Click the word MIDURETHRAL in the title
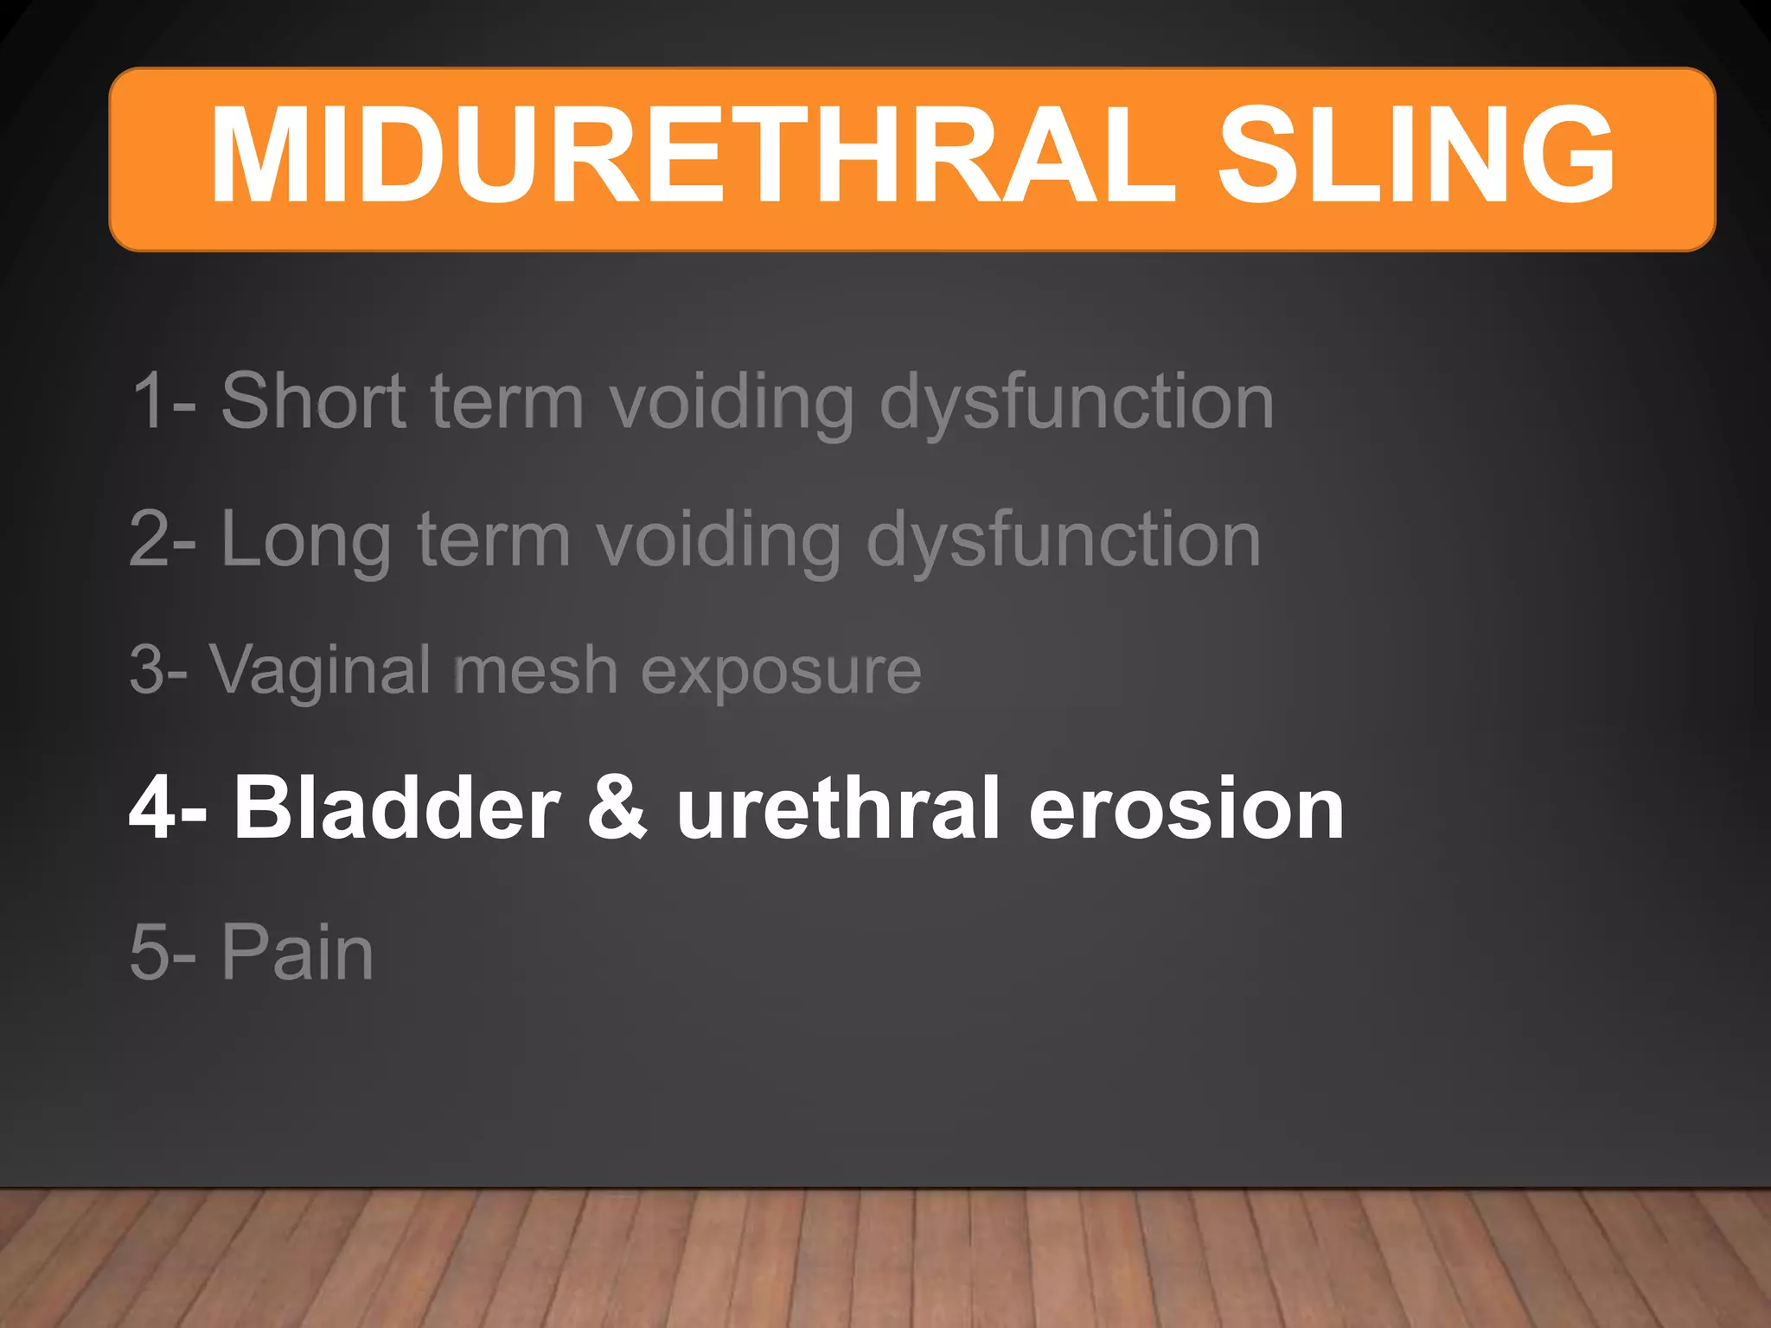pyautogui.click(x=692, y=156)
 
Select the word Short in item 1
pyautogui.click(x=313, y=400)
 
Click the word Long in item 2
pyautogui.click(x=306, y=540)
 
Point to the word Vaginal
pyautogui.click(x=320, y=671)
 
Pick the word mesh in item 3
pyautogui.click(x=535, y=671)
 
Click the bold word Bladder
pyautogui.click(x=397, y=808)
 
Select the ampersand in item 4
pyautogui.click(x=617, y=808)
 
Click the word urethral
pyautogui.click(x=838, y=808)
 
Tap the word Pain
pyautogui.click(x=297, y=952)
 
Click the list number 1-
pyautogui.click(x=164, y=400)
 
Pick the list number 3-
pyautogui.click(x=159, y=671)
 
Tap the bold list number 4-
pyautogui.click(x=168, y=808)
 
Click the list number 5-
pyautogui.click(x=163, y=952)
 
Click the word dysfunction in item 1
pyautogui.click(x=1077, y=402)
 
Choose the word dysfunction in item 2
pyautogui.click(x=1064, y=540)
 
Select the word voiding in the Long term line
pyautogui.click(x=718, y=540)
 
